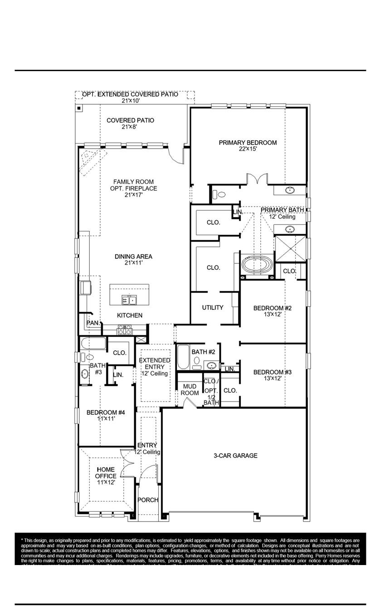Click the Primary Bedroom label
click(248, 143)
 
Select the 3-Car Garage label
click(235, 455)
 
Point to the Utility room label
click(213, 308)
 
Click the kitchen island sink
click(129, 300)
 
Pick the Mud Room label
click(190, 389)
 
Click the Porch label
click(148, 500)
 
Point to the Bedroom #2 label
click(272, 309)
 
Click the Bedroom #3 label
click(272, 372)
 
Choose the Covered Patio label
click(130, 121)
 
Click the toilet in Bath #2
click(197, 361)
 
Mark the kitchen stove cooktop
click(125, 329)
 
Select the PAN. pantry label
click(93, 323)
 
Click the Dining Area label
click(133, 256)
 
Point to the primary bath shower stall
click(290, 249)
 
